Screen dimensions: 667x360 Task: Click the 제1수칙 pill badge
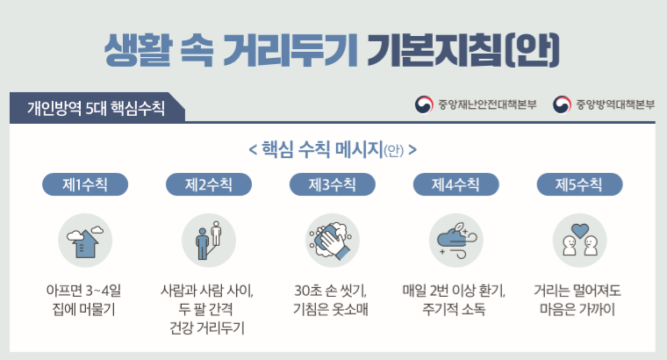[85, 184]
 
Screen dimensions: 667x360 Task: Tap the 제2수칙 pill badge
[209, 184]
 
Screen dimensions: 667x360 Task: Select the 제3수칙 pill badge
[333, 184]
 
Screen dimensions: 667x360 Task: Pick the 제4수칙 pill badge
[456, 184]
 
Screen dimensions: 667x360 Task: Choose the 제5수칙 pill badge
[580, 184]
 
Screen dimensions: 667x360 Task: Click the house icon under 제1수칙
[85, 242]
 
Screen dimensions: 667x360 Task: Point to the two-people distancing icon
[209, 241]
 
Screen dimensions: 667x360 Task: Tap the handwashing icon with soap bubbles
[331, 241]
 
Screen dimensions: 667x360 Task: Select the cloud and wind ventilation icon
[457, 241]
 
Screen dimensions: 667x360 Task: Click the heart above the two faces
[580, 230]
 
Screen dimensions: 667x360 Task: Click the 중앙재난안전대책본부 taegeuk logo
[424, 104]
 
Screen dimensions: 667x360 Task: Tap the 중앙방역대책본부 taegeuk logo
[562, 104]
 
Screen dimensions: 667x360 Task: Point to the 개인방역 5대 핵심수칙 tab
[97, 108]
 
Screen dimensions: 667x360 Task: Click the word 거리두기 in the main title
[290, 50]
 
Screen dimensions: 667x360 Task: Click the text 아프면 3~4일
[83, 291]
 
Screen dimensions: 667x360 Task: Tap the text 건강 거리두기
[207, 328]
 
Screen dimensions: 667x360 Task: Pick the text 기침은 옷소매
[331, 309]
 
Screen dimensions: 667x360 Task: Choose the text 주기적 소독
[454, 309]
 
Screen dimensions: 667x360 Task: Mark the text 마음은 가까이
[577, 309]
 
